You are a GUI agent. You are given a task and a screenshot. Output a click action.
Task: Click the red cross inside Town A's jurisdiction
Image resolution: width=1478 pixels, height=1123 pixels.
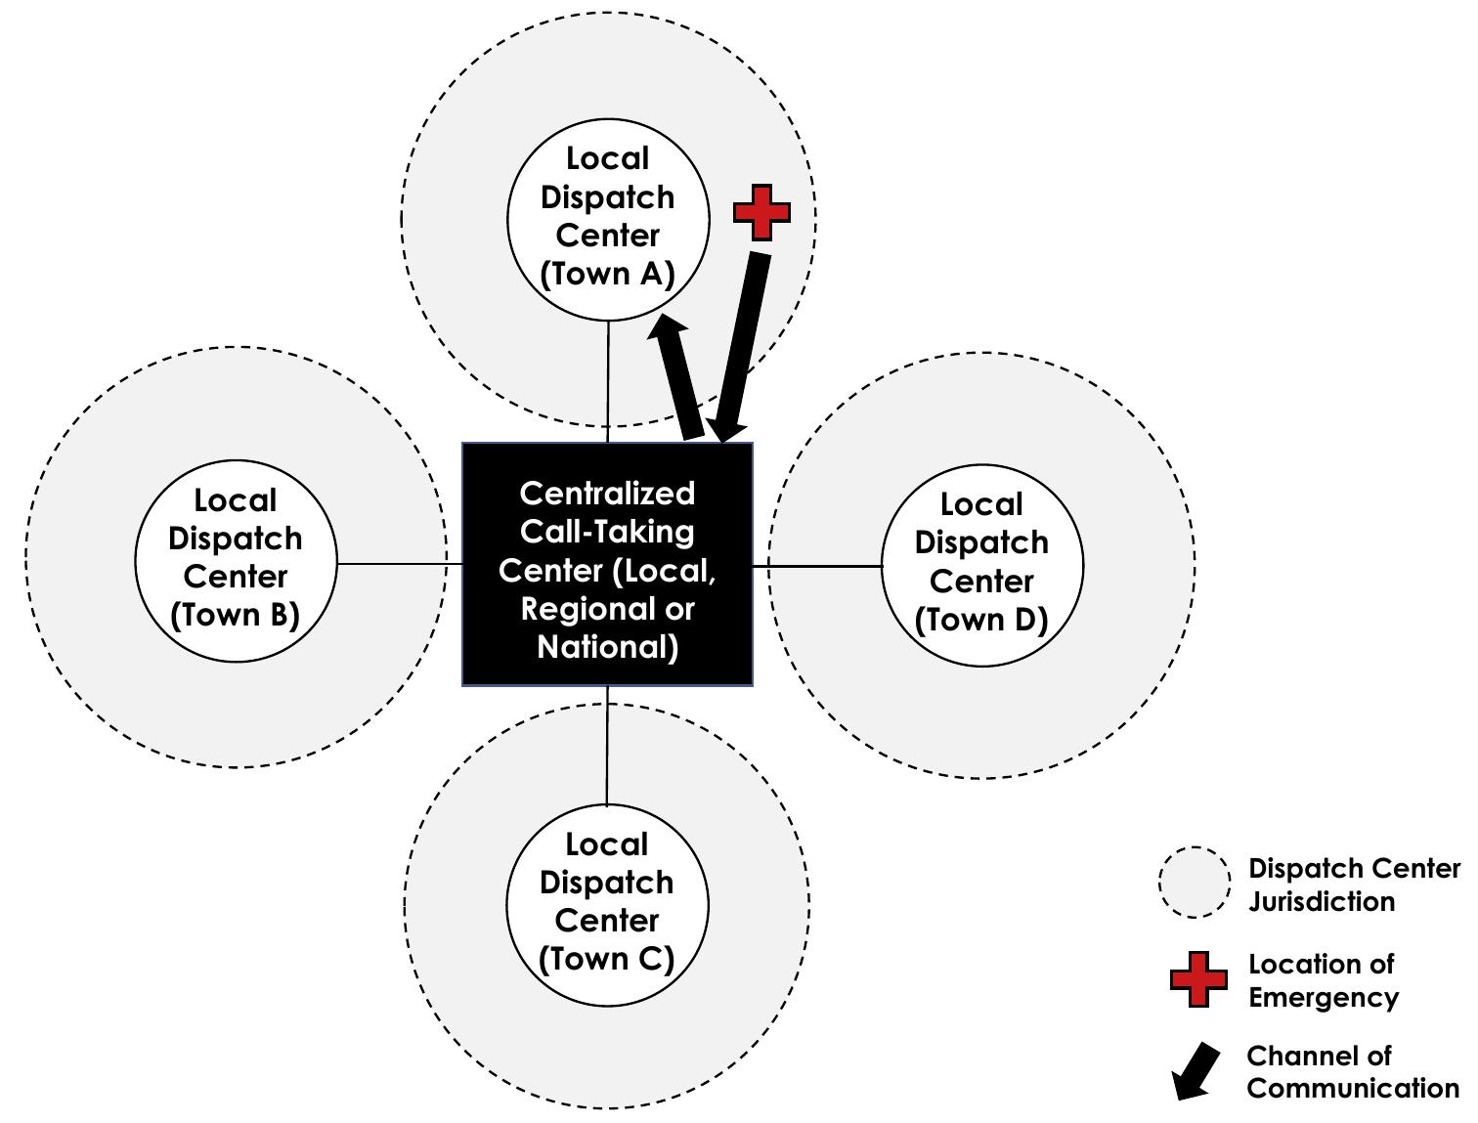click(761, 212)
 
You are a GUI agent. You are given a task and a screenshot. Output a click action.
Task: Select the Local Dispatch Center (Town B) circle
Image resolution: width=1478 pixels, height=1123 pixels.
click(236, 559)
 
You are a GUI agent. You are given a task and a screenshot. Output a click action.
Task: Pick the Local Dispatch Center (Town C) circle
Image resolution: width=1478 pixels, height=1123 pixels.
click(607, 903)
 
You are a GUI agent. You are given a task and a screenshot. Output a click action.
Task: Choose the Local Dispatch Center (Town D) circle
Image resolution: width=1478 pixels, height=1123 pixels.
click(981, 564)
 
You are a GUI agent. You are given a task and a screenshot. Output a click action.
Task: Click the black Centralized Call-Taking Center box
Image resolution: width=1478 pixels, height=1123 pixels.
click(607, 565)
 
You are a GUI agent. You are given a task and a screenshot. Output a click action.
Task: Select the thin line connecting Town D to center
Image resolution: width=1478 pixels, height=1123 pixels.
click(817, 565)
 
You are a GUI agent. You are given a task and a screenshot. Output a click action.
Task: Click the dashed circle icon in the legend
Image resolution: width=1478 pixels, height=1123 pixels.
click(1194, 882)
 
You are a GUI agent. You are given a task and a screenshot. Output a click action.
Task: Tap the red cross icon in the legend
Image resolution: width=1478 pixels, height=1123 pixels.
click(1198, 979)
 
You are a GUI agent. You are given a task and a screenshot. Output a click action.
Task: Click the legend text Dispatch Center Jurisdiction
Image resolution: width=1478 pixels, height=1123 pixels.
click(1354, 885)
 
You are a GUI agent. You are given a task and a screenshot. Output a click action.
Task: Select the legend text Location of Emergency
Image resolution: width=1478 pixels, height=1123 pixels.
click(1324, 980)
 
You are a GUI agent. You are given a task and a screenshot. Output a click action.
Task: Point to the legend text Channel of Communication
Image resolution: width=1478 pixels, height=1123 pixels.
click(1352, 1071)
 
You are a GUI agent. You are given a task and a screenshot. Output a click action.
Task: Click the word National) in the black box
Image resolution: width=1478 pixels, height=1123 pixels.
click(607, 647)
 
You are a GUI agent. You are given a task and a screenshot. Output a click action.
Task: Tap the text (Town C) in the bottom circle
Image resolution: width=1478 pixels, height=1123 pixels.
click(607, 959)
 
